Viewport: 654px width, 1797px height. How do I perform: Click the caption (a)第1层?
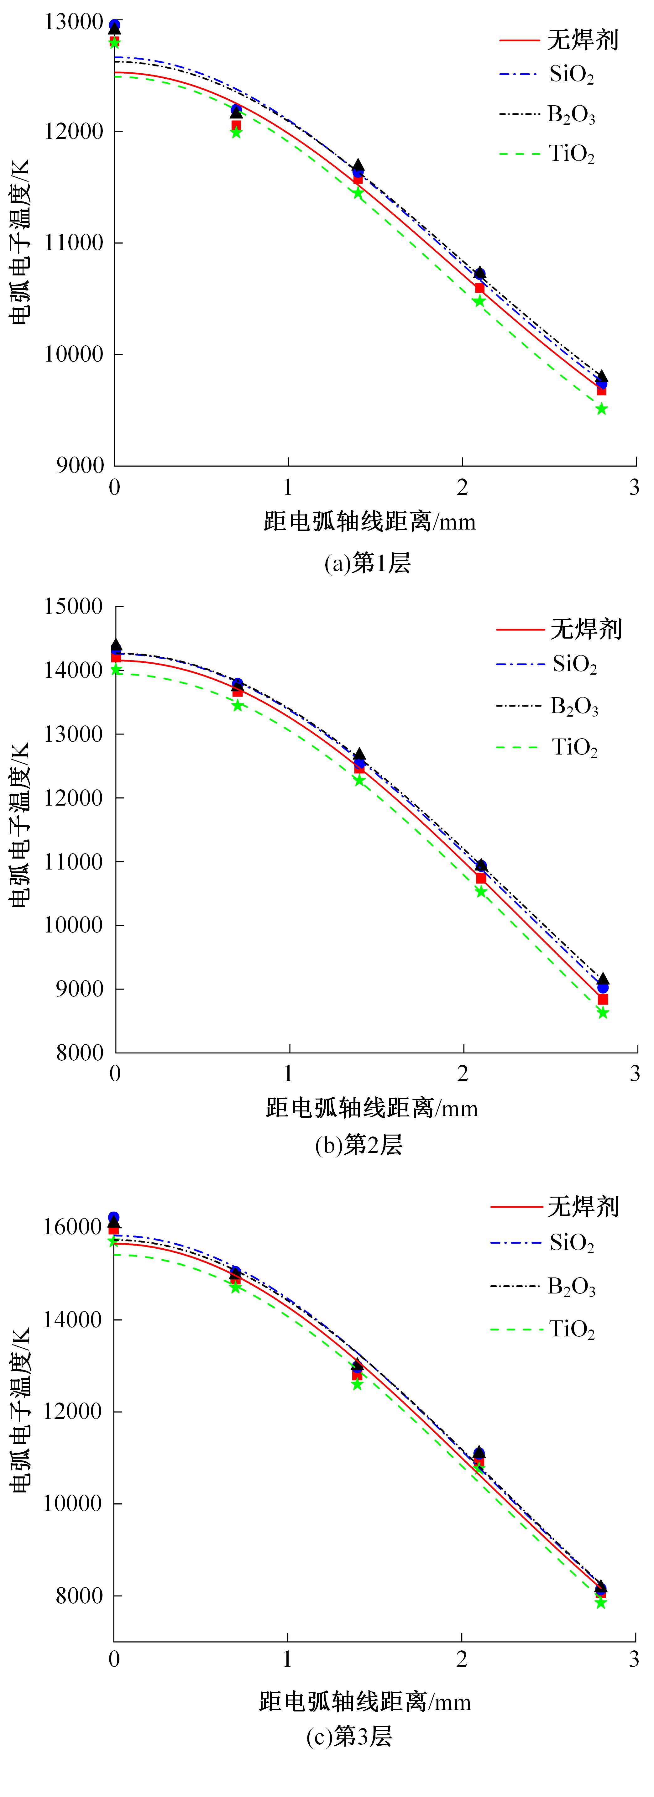click(367, 563)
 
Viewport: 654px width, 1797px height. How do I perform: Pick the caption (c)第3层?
click(349, 1736)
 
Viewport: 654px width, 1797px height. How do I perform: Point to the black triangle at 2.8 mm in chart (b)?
click(603, 979)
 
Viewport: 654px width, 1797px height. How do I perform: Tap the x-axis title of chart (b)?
click(371, 1108)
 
